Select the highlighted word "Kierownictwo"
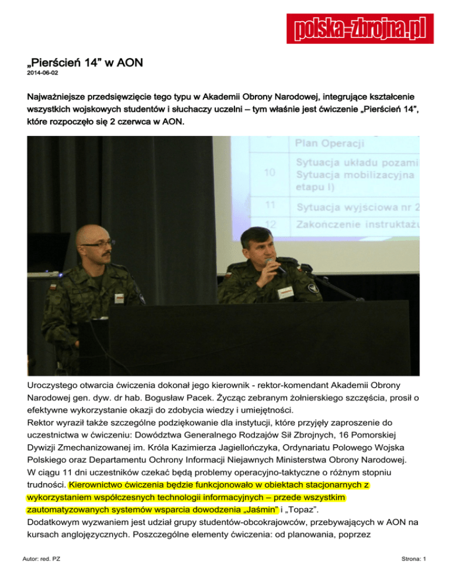coord(102,485)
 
